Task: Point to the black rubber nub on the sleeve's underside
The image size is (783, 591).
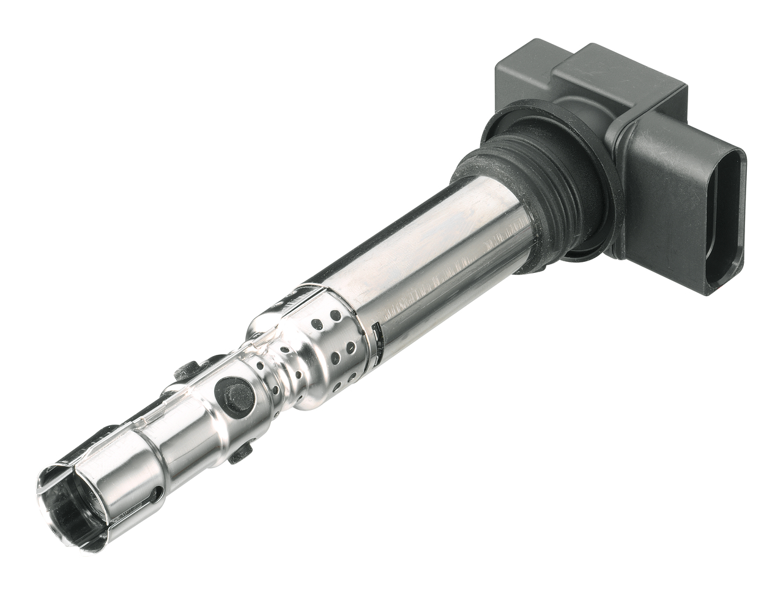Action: coord(241,452)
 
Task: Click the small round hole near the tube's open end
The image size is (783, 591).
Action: coord(158,492)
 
